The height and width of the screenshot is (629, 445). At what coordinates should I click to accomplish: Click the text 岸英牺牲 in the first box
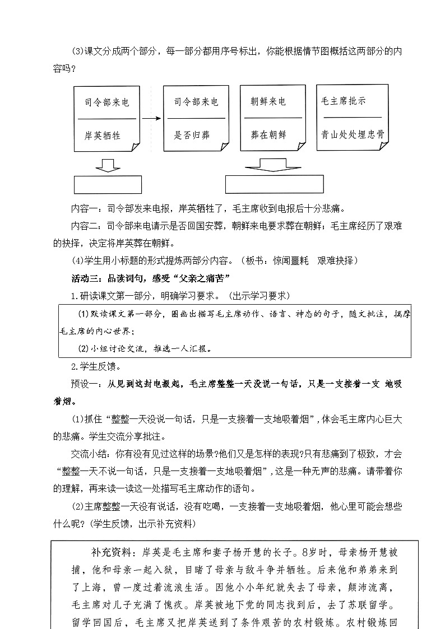click(x=103, y=136)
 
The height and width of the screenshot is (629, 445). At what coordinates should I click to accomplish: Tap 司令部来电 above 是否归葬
click(x=196, y=102)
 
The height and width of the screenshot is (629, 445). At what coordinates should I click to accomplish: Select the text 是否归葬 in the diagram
click(x=192, y=136)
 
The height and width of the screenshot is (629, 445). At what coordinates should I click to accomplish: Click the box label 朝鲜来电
click(x=268, y=102)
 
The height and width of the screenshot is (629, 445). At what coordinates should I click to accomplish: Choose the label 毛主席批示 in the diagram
click(x=344, y=101)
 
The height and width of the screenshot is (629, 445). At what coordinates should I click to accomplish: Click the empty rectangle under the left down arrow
click(x=108, y=185)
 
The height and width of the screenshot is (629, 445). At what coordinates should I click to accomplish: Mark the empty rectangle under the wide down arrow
click(x=274, y=184)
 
